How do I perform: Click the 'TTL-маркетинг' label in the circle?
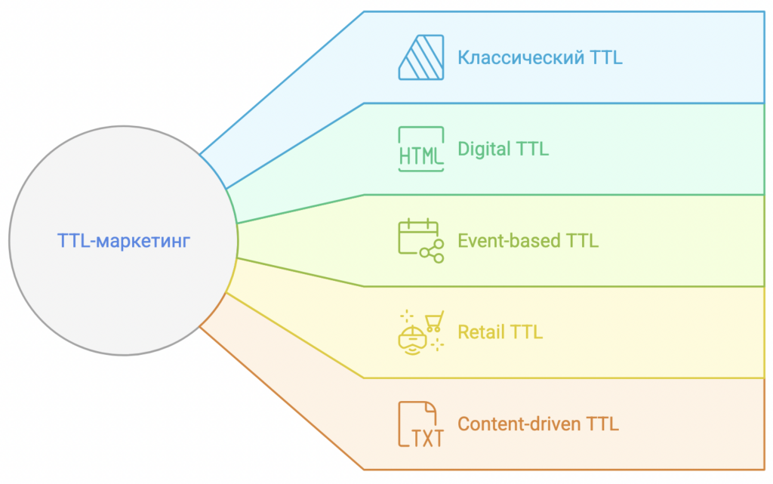[x=124, y=241]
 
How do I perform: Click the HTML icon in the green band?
[x=420, y=149]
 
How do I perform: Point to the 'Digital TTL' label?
[x=503, y=149]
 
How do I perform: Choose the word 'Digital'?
[x=485, y=149]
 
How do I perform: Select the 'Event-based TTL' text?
[x=528, y=241]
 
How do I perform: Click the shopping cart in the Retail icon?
[x=434, y=322]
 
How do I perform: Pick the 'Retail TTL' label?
[x=500, y=332]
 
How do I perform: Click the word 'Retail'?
[x=482, y=332]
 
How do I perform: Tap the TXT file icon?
[x=420, y=424]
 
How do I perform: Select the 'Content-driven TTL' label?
[x=537, y=424]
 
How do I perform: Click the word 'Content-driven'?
[x=519, y=424]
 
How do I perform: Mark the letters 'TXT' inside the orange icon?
[x=427, y=438]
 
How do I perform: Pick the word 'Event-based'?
[x=509, y=241]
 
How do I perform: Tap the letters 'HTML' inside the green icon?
[x=420, y=156]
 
